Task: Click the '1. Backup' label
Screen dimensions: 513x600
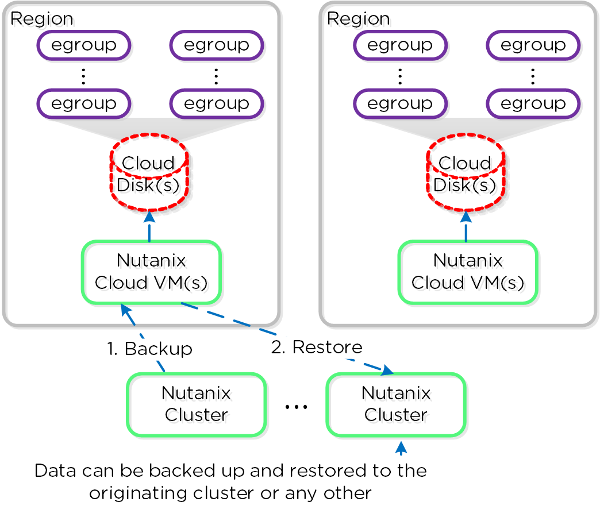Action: coord(149,349)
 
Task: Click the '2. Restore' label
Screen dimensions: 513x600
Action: coord(317,347)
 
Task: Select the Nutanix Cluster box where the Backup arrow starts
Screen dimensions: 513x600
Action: coord(197,404)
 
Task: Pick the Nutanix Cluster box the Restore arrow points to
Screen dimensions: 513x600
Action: coord(396,404)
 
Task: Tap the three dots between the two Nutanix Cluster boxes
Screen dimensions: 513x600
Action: coord(297,407)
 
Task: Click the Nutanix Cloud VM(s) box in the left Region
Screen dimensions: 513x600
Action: coord(151,272)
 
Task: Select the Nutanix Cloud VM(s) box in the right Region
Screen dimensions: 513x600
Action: coord(468,272)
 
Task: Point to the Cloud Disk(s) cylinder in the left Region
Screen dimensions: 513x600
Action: coord(149,173)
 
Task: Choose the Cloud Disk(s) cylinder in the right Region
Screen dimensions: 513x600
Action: coord(465,173)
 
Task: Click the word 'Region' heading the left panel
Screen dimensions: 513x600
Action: coord(42,18)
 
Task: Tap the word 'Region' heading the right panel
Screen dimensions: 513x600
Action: coord(359,18)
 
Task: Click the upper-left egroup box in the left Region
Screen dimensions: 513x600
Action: coord(84,45)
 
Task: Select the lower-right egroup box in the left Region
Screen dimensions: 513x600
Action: coord(217,104)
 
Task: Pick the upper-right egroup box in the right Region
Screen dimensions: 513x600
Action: coord(533,45)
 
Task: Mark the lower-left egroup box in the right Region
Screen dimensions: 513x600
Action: coord(400,104)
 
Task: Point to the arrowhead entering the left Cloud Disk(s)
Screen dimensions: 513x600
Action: coord(149,216)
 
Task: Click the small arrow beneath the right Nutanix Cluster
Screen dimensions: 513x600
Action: coord(400,448)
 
